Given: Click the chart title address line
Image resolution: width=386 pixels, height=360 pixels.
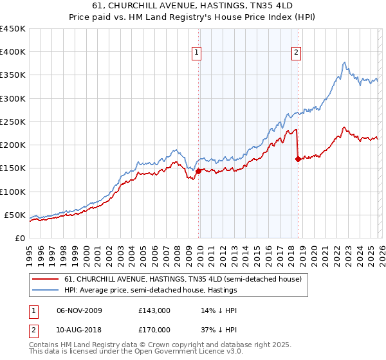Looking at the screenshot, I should pyautogui.click(x=193, y=5).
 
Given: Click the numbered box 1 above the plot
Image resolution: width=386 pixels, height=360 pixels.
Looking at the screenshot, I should pyautogui.click(x=196, y=53).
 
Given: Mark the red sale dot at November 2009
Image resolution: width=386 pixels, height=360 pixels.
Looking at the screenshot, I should pyautogui.click(x=198, y=171).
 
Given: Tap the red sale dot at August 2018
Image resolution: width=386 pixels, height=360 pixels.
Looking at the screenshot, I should pyautogui.click(x=298, y=159).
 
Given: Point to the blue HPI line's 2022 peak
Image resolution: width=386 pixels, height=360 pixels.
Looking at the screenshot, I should pyautogui.click(x=345, y=62).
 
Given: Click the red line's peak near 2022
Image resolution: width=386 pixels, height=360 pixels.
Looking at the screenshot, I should pyautogui.click(x=345, y=127).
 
